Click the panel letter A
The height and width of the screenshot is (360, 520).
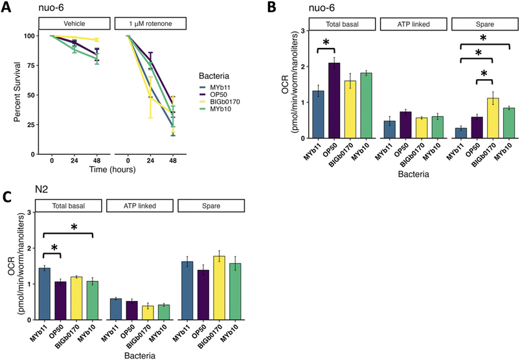(6, 7)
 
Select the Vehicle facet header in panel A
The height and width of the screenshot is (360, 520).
(74, 23)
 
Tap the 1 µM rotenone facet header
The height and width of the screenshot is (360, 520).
(150, 23)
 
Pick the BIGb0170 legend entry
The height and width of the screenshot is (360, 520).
(220, 102)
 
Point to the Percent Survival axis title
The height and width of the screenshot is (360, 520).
(17, 92)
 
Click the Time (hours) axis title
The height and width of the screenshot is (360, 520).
(113, 170)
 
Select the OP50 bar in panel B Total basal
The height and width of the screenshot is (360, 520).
(334, 100)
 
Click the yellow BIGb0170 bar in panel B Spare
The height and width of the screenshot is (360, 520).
(493, 118)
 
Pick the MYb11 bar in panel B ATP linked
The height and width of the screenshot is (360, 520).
(389, 129)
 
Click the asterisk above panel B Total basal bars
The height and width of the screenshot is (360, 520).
(326, 43)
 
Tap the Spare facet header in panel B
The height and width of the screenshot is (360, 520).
(484, 24)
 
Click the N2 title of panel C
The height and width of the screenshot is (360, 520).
(41, 189)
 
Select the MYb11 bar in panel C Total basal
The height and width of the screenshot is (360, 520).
(45, 294)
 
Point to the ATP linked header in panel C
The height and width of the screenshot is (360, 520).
(140, 206)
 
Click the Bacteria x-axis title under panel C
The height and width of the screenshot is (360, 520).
(140, 355)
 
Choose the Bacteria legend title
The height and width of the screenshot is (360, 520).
(214, 76)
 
